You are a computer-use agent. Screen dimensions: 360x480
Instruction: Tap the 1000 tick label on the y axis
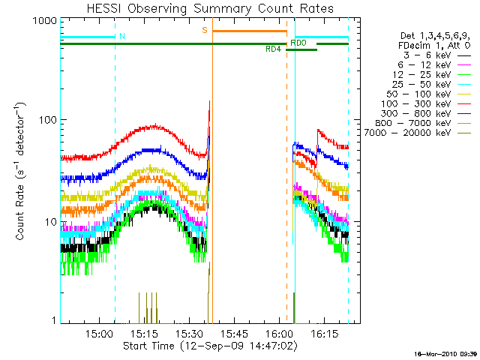pyautogui.click(x=46, y=22)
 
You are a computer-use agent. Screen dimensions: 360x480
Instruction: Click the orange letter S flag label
pyautogui.click(x=204, y=31)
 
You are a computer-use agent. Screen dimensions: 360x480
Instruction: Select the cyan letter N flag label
pyautogui.click(x=121, y=36)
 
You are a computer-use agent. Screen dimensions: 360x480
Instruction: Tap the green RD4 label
pyautogui.click(x=274, y=49)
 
